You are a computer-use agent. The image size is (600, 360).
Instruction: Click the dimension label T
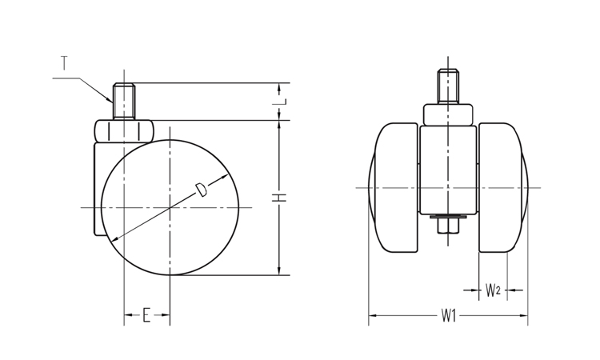[64, 63]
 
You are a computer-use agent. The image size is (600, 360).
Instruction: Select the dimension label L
[282, 102]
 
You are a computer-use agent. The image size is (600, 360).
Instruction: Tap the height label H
[282, 198]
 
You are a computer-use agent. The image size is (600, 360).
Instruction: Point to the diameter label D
[202, 190]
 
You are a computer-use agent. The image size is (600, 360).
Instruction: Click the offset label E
[146, 315]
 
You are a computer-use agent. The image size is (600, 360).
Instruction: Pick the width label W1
[449, 316]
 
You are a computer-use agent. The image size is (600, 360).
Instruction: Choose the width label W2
[493, 290]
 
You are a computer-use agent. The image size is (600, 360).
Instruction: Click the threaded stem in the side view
[123, 102]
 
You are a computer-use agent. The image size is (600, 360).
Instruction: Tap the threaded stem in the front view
[448, 86]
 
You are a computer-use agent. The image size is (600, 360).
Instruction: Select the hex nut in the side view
[124, 131]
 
